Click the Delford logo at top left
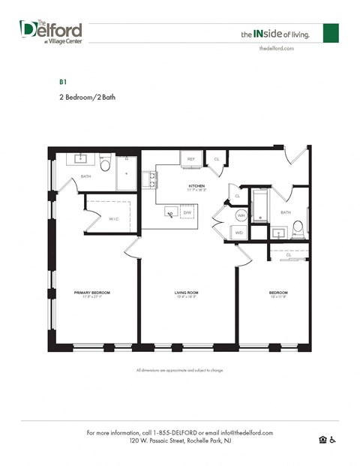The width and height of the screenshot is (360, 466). [x=50, y=32]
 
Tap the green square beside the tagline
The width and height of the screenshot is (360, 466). [x=331, y=33]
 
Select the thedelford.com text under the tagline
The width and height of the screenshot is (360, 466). [x=276, y=48]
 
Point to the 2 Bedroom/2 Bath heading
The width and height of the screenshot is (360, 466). [x=87, y=97]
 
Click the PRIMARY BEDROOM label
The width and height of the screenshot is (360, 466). [x=92, y=292]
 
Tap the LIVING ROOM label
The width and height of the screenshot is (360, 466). [x=186, y=292]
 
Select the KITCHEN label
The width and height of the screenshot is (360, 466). [x=196, y=185]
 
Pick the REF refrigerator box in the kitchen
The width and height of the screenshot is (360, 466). [x=190, y=159]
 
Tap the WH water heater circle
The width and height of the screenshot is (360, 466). [x=241, y=215]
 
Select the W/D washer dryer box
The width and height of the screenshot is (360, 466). [x=240, y=233]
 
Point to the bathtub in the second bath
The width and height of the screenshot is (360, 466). [x=260, y=207]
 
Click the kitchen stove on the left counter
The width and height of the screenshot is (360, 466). [x=152, y=179]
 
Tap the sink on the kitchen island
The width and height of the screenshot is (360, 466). [x=170, y=215]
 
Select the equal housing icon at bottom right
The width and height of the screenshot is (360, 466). [x=322, y=440]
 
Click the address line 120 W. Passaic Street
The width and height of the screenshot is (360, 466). [x=180, y=441]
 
